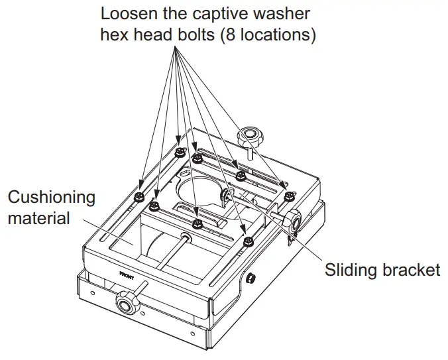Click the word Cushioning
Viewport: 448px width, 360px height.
[x=51, y=198]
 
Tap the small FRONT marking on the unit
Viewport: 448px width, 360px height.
[x=129, y=272]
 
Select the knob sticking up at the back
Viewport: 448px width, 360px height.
[x=252, y=137]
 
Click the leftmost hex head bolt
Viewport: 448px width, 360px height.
[x=140, y=196]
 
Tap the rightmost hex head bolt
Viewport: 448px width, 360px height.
[x=288, y=196]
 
